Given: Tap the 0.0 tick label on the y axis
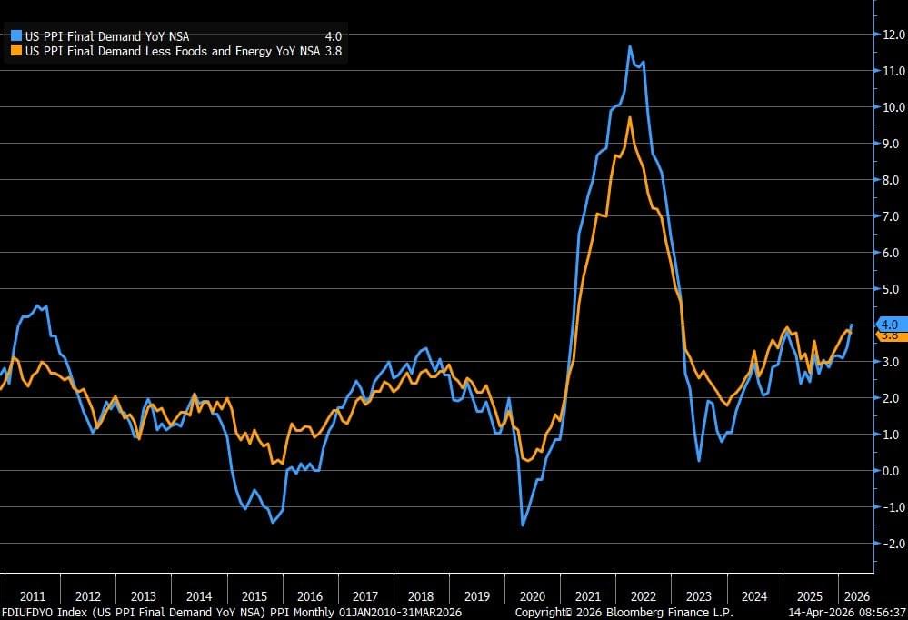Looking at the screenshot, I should [889, 471].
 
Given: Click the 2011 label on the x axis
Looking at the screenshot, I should [33, 596].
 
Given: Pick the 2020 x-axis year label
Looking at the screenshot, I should [533, 596].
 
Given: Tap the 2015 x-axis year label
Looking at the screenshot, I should [254, 596].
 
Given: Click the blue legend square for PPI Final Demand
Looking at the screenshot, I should [15, 36].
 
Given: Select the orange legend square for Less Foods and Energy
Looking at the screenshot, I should [15, 51].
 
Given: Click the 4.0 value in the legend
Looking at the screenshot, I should [333, 36].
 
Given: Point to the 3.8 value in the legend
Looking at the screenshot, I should [333, 51].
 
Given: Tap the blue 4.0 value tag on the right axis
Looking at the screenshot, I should [889, 324].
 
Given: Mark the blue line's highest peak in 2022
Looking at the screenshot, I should [630, 45].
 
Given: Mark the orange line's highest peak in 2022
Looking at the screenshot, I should [630, 117].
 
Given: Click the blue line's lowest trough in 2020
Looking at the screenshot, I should [523, 525].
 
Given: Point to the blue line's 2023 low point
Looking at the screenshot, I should [699, 461].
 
